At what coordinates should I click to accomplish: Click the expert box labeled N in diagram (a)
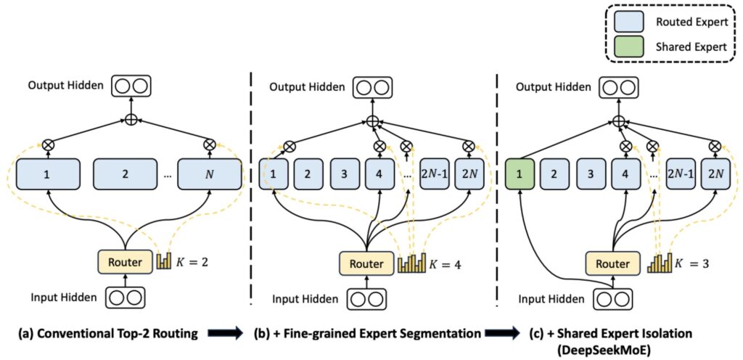pyautogui.click(x=210, y=175)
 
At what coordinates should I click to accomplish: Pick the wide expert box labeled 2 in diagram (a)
pyautogui.click(x=125, y=175)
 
